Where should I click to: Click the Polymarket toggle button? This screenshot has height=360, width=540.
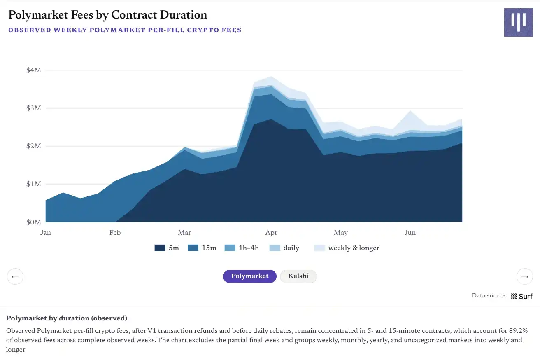coord(250,276)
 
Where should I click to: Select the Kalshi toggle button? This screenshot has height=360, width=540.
coord(298,276)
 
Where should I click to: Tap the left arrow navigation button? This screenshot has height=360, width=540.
coord(15,276)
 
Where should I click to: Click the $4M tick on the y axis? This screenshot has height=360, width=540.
coord(34,70)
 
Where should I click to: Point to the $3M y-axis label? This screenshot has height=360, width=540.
coord(34,108)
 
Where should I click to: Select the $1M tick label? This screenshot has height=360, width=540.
coord(34,184)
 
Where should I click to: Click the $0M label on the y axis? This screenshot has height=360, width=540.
coord(34,222)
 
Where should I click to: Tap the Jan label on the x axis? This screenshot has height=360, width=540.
coord(46,233)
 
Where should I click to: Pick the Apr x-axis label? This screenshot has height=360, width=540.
coord(271,233)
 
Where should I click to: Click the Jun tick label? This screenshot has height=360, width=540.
coord(410,233)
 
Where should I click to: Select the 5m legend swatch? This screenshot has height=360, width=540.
coord(160,248)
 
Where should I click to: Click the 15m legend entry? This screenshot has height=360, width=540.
coord(202,248)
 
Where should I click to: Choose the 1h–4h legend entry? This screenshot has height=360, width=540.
coord(242,248)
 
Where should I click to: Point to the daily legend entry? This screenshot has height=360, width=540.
coord(284,248)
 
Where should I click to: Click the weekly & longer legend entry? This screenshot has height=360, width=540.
coord(347,248)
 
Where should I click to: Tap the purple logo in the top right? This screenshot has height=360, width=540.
coord(519,22)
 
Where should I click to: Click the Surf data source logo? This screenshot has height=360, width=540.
coord(521,296)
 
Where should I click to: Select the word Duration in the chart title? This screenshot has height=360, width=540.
coord(184,15)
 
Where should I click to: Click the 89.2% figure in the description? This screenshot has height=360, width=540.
coord(518,331)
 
